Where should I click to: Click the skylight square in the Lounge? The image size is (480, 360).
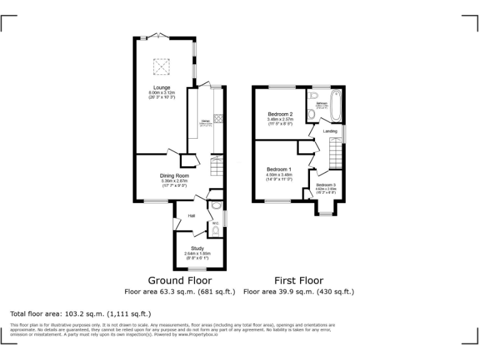tap(161, 65)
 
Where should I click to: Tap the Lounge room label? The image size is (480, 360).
tap(162, 87)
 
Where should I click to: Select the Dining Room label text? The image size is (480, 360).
tap(174, 176)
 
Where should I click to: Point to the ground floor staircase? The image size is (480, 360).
tap(216, 167)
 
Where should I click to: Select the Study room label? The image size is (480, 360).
tap(197, 249)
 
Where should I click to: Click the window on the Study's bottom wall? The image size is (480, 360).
tap(198, 269)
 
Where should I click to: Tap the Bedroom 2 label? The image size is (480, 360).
tap(280, 114)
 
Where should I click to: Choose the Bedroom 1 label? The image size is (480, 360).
tap(279, 169)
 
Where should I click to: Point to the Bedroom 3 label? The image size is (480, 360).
tap(326, 186)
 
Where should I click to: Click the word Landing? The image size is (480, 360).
tap(330, 131)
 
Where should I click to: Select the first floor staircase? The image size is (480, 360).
tap(336, 152)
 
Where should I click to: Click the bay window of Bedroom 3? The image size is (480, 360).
tap(326, 214)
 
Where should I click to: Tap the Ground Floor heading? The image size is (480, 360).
tap(179, 281)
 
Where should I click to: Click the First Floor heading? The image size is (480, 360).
tap(299, 281)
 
